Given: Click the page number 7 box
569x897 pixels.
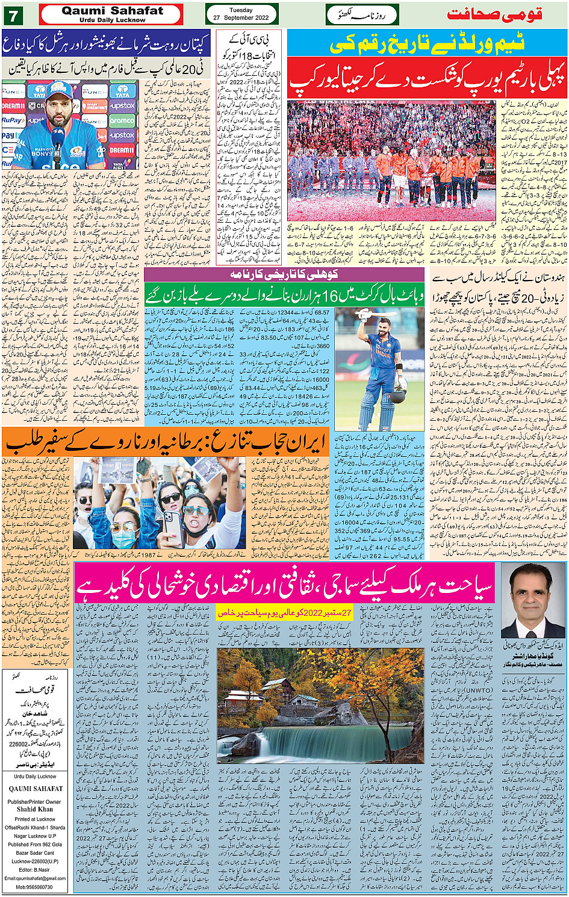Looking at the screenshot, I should click(13, 14).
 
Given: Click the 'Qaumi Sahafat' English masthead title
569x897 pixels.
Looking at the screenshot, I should click(112, 11).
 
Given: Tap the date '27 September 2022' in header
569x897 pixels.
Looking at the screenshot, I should click(241, 18).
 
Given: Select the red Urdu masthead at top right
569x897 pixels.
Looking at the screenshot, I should click(494, 14).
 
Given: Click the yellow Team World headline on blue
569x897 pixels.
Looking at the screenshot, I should click(426, 44).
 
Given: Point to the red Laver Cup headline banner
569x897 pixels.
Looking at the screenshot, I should click(426, 79).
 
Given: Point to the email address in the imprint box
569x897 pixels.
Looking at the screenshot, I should click(35, 878).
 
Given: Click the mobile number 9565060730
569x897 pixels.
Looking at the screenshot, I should click(35, 887).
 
